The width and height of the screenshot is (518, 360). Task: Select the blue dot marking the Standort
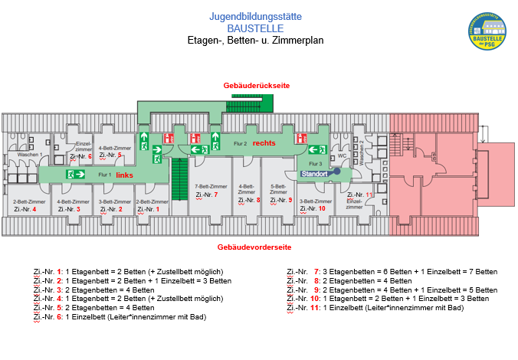tap(336, 172)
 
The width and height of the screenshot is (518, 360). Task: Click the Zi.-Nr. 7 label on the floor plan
tap(207, 195)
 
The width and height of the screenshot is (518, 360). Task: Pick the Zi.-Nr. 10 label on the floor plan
tap(313, 208)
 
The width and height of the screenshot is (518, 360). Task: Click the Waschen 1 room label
tap(29, 155)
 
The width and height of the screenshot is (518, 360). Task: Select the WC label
tap(343, 155)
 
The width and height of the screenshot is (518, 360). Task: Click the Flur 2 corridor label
tap(240, 144)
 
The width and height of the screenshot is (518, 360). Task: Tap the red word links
tap(124, 175)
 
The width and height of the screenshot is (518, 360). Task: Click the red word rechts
tap(264, 143)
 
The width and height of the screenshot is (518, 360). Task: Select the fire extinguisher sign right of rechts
tap(301, 139)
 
